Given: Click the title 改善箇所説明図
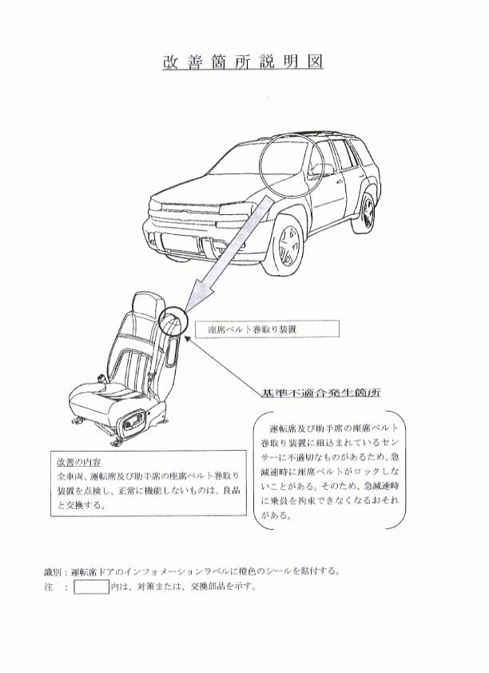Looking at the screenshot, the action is tap(243, 62).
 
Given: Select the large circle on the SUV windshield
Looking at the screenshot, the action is tap(292, 161).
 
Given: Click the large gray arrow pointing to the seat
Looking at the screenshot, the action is tap(229, 253).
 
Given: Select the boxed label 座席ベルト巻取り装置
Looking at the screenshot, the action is tap(267, 329).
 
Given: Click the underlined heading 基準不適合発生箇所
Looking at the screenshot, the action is tap(321, 392).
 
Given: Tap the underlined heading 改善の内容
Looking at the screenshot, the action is tap(78, 462).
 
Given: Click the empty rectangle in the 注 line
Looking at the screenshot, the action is tap(91, 587).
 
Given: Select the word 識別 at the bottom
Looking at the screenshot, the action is tap(52, 571).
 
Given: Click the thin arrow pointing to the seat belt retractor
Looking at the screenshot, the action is tap(222, 364).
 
